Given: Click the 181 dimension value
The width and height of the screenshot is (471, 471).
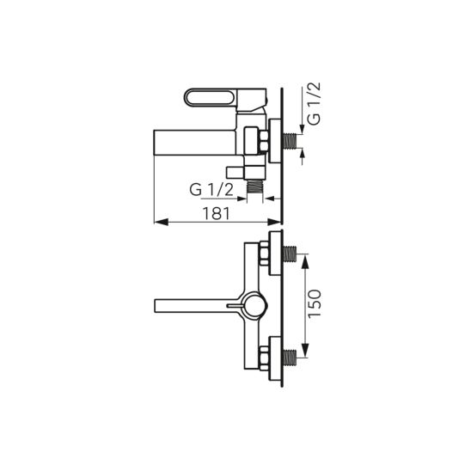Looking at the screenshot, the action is click(217, 213).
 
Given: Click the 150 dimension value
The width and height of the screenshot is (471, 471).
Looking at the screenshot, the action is click(315, 303).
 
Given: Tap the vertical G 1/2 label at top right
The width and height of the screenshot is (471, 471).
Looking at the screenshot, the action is click(315, 104).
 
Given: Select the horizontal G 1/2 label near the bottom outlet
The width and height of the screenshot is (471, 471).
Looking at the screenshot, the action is click(211, 190).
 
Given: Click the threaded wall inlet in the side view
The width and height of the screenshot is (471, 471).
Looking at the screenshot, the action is click(289, 141).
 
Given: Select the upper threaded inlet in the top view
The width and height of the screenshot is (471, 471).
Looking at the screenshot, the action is click(289, 254).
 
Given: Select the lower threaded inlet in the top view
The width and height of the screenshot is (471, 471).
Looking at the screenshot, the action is click(289, 358).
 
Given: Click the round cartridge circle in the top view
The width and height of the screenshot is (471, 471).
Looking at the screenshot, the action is click(254, 305).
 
